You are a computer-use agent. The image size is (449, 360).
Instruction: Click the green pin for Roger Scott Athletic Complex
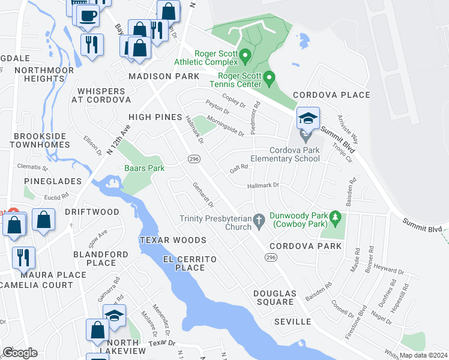[245, 57]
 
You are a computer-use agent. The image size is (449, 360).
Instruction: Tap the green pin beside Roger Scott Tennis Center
[270, 78]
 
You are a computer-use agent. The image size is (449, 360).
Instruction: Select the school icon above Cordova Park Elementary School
[308, 119]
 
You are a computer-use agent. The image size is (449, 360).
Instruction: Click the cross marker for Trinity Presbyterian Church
[259, 221]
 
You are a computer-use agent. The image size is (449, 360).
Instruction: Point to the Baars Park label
[144, 169]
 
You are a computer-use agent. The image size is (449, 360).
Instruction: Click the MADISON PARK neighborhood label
[163, 77]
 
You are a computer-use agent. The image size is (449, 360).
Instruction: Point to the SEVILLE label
[292, 322]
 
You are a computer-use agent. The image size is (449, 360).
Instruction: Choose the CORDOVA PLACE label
[331, 95]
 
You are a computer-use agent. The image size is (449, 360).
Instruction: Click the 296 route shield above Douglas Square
[271, 256]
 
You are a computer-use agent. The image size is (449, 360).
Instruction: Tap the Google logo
[19, 353]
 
